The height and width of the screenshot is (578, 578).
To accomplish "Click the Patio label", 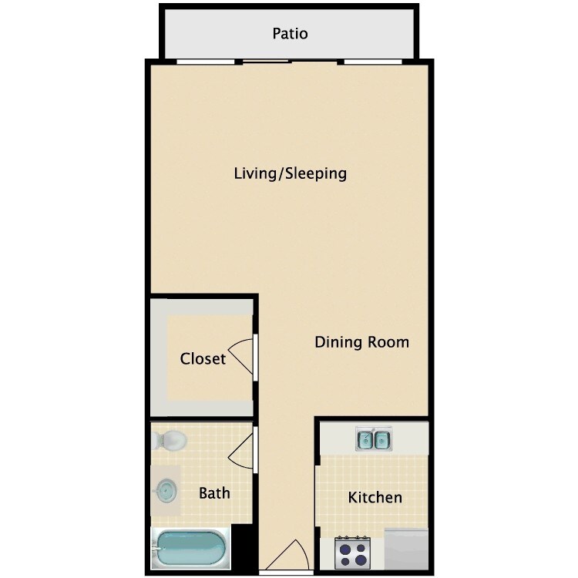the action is coord(290,34).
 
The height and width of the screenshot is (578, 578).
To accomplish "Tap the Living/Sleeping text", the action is coord(291,173).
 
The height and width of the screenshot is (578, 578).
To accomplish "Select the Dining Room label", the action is coord(362,342).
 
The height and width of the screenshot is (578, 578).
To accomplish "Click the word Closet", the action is coord(203,358).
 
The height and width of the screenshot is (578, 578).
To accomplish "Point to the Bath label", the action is coord(214,493).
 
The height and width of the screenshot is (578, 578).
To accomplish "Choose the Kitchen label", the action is coord(375,497).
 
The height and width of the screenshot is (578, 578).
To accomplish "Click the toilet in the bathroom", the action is coord(170,440).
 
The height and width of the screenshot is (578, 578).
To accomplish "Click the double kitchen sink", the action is coord(374,439).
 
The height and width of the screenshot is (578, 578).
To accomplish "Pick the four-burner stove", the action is coord(353,553).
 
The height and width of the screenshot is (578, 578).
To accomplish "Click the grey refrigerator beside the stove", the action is coord(406,549).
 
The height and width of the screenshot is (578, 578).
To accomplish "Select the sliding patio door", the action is coord(290,62).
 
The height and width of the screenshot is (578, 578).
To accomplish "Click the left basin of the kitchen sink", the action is coord(365,439).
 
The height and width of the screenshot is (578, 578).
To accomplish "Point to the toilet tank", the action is coord(155,440).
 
